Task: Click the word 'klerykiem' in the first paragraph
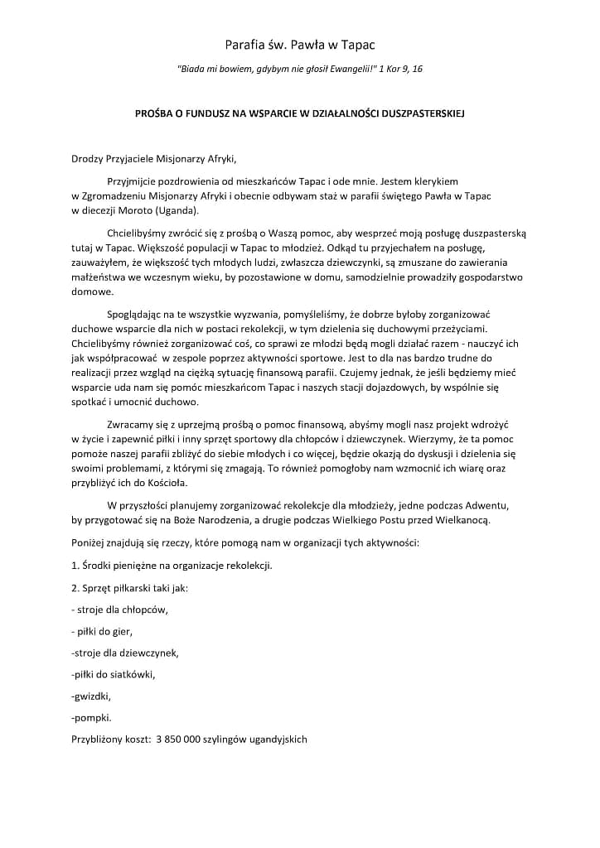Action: (437, 180)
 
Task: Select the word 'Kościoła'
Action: (165, 483)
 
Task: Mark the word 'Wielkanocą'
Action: (465, 520)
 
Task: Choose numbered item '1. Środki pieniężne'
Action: (172, 566)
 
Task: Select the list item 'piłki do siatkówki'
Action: (114, 674)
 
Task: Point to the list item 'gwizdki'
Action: (91, 696)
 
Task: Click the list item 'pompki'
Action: (92, 717)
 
